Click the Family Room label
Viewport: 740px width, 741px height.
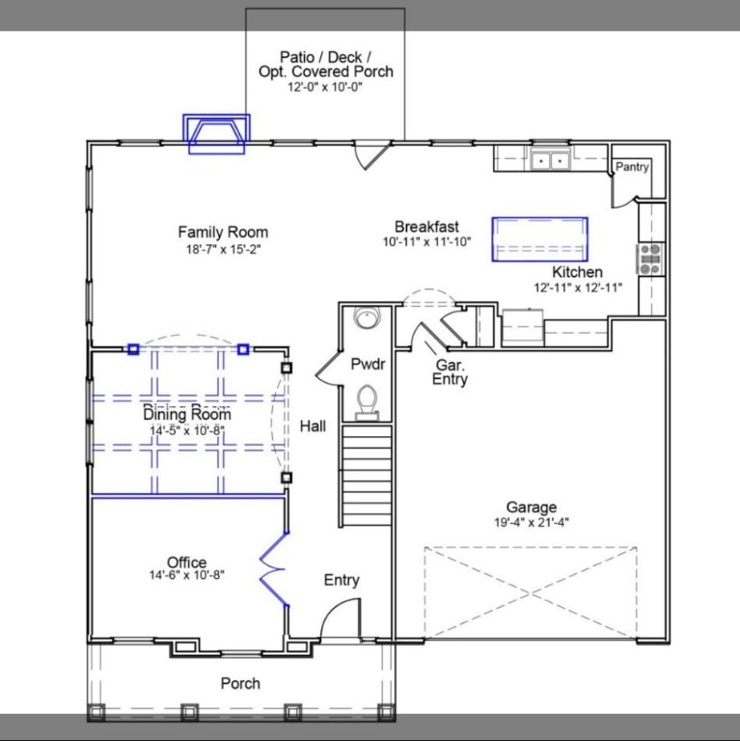tap(223, 233)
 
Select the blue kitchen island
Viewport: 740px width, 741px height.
tap(539, 238)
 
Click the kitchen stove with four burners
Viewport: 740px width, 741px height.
tap(650, 258)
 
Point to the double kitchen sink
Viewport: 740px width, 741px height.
tap(551, 159)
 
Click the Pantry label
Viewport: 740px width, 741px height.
tap(632, 167)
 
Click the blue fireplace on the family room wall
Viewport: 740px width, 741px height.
tap(216, 133)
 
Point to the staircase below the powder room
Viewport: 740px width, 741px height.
tap(367, 474)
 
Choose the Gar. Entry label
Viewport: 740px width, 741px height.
tap(451, 372)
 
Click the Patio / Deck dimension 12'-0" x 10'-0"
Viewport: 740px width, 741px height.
tap(325, 87)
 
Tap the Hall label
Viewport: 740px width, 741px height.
tap(312, 425)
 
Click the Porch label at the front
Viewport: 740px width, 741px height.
tap(240, 683)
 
